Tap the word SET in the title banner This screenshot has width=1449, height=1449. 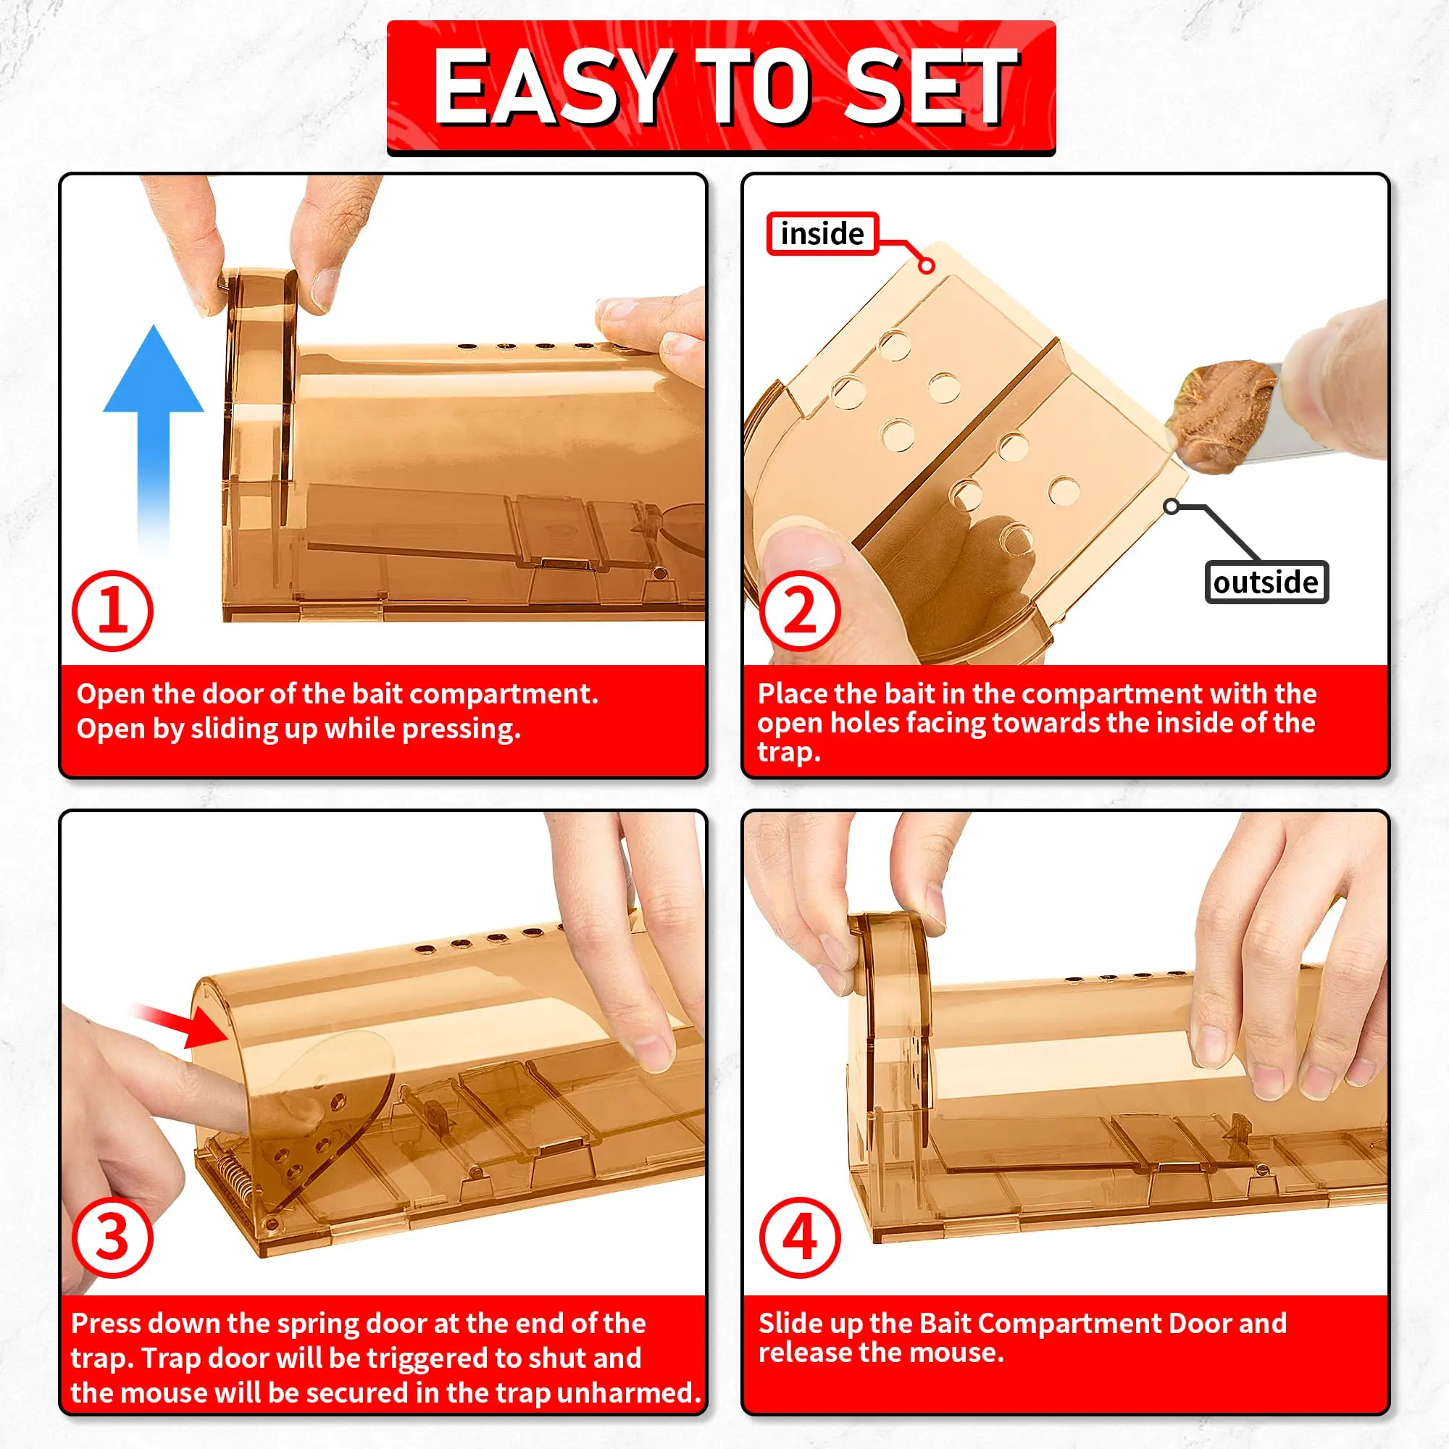pos(931,88)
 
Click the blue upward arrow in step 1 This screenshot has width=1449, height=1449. pos(154,439)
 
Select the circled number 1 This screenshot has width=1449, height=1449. pos(112,611)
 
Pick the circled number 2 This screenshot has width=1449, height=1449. pos(800,611)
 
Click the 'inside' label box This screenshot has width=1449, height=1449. pos(822,234)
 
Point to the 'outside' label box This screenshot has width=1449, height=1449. pos(1266,582)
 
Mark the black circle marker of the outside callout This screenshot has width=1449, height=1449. pos(1171,507)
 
